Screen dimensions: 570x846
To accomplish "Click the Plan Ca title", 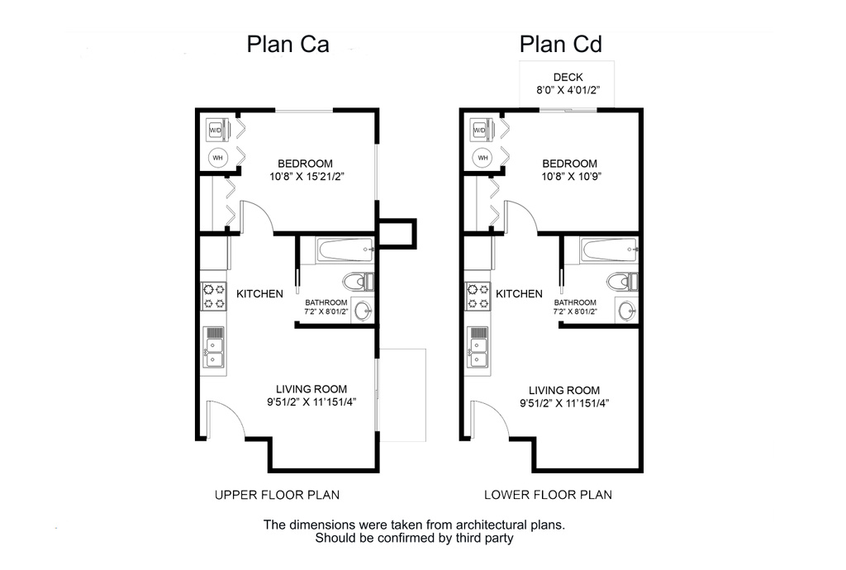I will [288, 44].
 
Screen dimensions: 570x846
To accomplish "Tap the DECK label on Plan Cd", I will [568, 78].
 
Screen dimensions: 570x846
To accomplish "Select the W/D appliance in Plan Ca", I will [215, 130].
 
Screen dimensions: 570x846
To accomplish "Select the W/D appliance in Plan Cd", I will [480, 130].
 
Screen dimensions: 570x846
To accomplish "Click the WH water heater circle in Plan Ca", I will [217, 157].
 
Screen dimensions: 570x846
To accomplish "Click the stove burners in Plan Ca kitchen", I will [215, 296].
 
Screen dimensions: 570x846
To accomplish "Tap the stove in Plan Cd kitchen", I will [478, 296].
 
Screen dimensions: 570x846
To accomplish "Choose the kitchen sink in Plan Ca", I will [214, 346].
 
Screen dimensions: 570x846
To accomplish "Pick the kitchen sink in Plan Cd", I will [478, 346].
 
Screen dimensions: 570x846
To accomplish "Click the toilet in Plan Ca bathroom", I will [359, 282].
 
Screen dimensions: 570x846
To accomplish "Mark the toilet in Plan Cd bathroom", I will [622, 282].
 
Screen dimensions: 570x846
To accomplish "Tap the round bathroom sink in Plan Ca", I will [362, 311].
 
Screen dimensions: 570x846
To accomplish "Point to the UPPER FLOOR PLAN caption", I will [277, 495].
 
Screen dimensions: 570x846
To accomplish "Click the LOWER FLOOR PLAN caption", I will [547, 495].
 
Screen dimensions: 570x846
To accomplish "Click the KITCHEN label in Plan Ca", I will [260, 294].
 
